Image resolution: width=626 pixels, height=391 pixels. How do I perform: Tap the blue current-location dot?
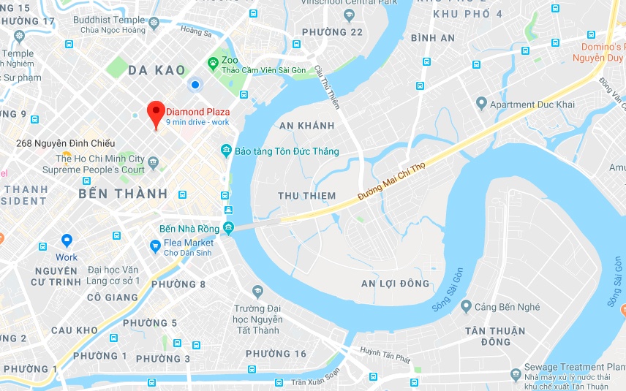pyautogui.click(x=195, y=86)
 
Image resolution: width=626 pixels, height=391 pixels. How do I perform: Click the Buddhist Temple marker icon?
pyautogui.click(x=154, y=24)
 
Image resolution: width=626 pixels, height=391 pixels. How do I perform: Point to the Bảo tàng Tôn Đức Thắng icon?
pyautogui.click(x=226, y=151)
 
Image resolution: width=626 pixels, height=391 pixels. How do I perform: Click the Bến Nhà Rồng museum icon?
pyautogui.click(x=228, y=228)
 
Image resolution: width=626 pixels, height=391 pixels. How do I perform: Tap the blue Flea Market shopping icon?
pyautogui.click(x=154, y=246)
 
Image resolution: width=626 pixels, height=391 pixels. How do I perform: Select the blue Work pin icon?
pyautogui.click(x=67, y=240)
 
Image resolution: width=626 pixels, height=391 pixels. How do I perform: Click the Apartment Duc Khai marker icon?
pyautogui.click(x=480, y=104)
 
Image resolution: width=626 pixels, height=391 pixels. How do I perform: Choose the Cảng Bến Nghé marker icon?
pyautogui.click(x=465, y=307)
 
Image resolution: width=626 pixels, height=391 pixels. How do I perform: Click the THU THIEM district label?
pyautogui.click(x=307, y=196)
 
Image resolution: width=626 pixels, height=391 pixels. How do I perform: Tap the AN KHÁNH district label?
pyautogui.click(x=307, y=126)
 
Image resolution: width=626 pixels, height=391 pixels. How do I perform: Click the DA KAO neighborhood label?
pyautogui.click(x=156, y=70)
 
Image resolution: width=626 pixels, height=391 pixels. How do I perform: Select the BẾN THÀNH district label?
pyautogui.click(x=123, y=194)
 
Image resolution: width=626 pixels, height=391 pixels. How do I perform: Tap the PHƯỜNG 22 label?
pyautogui.click(x=332, y=32)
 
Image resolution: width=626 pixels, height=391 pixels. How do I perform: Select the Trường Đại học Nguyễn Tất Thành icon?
pyautogui.click(x=257, y=292)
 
